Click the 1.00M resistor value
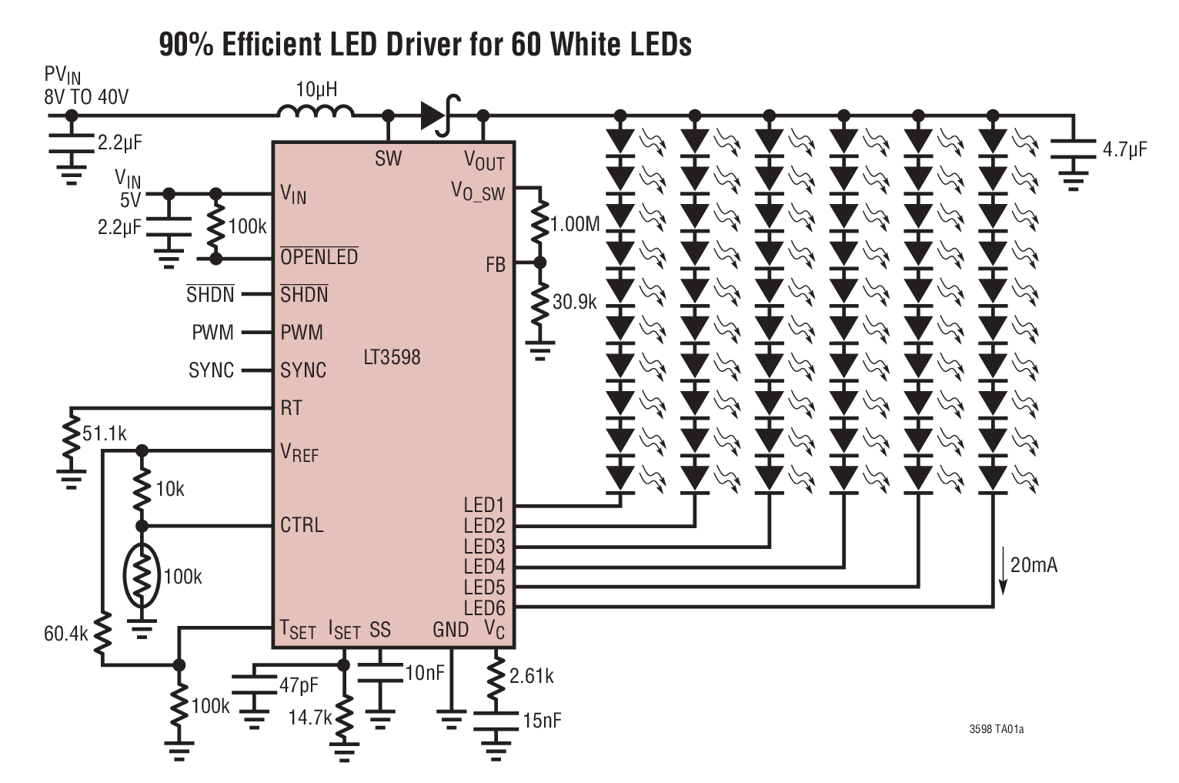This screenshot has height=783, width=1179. point(575,225)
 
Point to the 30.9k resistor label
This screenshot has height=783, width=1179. point(574,302)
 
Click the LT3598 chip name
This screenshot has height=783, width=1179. point(392,357)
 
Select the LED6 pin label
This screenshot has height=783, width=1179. point(484,607)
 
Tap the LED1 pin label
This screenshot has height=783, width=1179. point(483,505)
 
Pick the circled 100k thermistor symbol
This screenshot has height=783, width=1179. point(142,577)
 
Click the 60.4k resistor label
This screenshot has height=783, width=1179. point(67,634)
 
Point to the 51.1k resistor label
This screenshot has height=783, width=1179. point(105,433)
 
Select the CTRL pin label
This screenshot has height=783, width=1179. point(302,525)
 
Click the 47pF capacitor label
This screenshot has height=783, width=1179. point(299,684)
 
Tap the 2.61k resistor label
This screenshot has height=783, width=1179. point(531,676)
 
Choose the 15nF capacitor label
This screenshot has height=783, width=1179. point(542,721)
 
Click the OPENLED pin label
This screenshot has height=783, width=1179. point(319,257)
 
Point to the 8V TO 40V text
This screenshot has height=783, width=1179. point(86,97)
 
